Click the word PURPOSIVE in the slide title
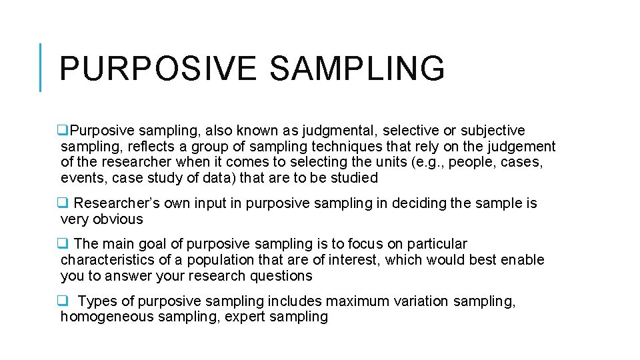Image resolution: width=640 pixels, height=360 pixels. (x=157, y=69)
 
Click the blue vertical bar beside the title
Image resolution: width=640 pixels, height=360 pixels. (x=41, y=67)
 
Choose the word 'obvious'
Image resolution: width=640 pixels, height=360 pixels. (x=118, y=219)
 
